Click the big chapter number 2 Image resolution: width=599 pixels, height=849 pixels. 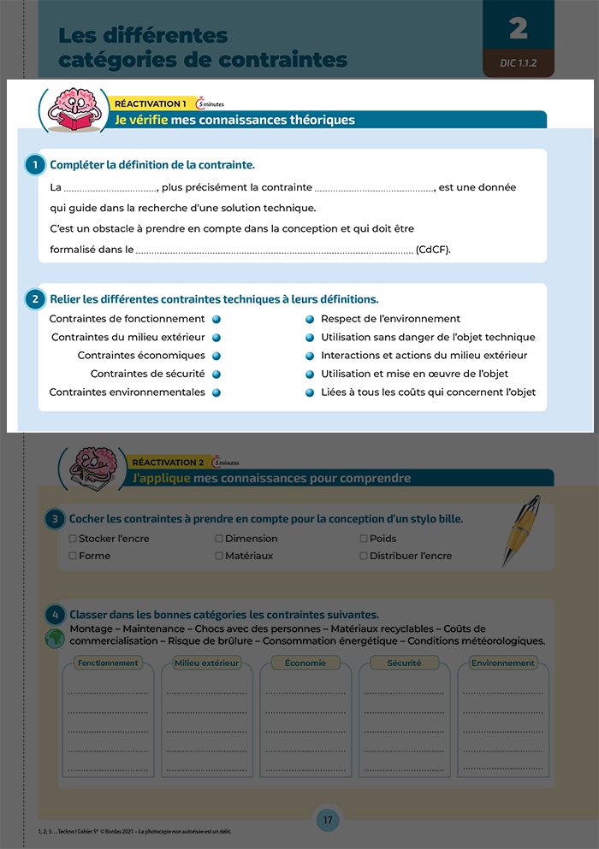[518, 28]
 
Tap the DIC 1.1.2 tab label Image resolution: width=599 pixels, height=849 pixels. [519, 63]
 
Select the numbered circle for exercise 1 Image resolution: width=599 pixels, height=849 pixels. [35, 164]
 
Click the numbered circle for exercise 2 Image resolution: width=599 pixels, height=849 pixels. [35, 299]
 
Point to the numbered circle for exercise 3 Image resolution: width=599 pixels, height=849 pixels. [54, 519]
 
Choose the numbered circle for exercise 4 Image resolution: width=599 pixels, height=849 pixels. [54, 615]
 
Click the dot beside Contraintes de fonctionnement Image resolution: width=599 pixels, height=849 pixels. [216, 319]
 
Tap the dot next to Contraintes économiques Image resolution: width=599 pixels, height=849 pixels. [216, 356]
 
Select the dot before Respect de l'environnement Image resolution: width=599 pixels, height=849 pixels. [310, 319]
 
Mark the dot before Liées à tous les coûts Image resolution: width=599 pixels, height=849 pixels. [310, 393]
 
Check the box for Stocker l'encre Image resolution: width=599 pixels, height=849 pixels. [73, 539]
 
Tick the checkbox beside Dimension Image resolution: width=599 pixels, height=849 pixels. [219, 539]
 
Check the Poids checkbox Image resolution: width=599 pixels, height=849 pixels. [364, 539]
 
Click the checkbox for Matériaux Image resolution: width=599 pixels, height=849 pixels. [219, 556]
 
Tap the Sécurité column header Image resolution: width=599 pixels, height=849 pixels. [404, 663]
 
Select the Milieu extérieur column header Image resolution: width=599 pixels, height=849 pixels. [206, 663]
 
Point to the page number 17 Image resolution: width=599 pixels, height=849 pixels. [328, 821]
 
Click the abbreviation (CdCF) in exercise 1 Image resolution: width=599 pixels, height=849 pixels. [433, 251]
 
